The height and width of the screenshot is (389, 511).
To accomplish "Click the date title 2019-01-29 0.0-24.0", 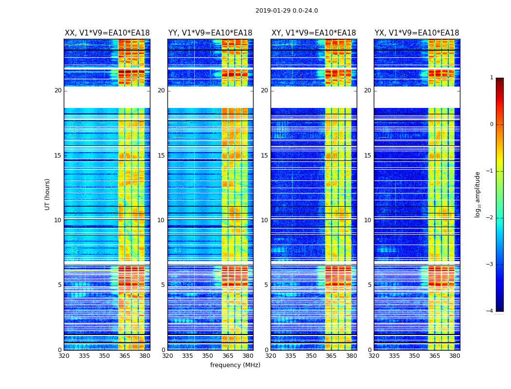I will tap(287, 11).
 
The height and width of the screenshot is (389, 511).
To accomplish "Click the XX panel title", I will tap(107, 33).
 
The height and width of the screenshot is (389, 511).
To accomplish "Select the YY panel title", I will tap(210, 33).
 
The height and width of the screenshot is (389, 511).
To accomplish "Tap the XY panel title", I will tap(313, 33).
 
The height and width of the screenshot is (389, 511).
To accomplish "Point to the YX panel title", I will tap(417, 33).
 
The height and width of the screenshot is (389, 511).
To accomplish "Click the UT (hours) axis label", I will tap(47, 194).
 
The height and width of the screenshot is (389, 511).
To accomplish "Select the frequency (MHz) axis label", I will tap(235, 365).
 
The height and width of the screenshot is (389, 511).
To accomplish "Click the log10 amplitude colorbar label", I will tap(478, 194).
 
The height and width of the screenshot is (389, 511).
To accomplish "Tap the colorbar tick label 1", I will tap(491, 78).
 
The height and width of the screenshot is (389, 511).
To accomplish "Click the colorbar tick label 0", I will tap(491, 124).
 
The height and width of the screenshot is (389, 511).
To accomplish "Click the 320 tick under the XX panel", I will tap(64, 356).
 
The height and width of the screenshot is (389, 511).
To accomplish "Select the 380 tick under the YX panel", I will tap(455, 356).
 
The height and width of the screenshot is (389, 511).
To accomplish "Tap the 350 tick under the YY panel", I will tap(208, 356).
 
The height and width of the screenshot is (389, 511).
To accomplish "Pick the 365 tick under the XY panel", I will tap(331, 356).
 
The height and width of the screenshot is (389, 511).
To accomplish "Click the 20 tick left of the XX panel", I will tap(58, 90).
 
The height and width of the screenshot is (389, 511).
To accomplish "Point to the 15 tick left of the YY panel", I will tap(161, 156).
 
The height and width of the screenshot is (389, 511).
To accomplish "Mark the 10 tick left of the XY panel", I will tap(264, 220).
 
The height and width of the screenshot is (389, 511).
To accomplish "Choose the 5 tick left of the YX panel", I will tap(369, 285).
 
